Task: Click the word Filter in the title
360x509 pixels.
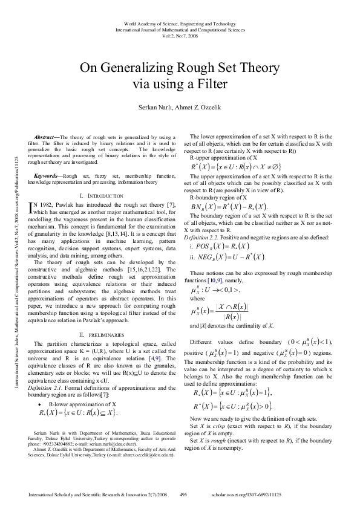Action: point(212,83)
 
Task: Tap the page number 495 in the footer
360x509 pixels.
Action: point(183,494)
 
